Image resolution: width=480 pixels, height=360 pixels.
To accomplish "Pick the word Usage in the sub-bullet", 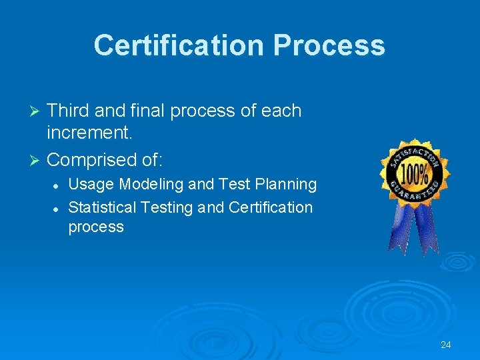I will [91, 184].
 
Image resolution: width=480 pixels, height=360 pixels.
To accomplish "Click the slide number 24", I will [446, 345].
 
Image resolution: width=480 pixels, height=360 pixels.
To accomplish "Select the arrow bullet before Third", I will [37, 111].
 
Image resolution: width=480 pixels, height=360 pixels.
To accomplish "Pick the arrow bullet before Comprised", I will [37, 161].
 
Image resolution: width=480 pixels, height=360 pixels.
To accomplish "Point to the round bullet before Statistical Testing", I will [58, 208].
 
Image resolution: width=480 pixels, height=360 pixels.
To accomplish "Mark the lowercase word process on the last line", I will [96, 227].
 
